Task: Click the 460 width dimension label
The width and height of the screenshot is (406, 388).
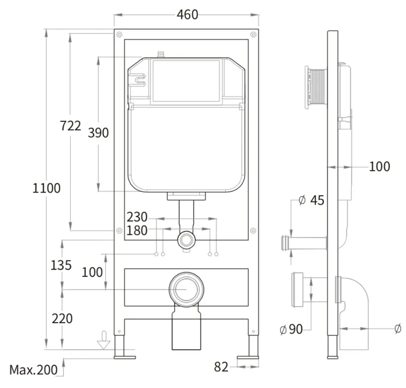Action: click(188, 15)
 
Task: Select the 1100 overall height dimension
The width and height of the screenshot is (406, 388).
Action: click(46, 188)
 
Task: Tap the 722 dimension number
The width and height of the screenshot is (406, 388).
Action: click(70, 125)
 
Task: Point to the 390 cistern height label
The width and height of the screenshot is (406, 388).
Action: click(98, 133)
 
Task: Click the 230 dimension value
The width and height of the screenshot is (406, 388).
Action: click(137, 217)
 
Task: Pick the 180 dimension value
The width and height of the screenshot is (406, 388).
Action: click(137, 230)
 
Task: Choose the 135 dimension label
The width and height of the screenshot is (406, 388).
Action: click(61, 265)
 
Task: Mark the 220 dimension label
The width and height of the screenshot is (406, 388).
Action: click(62, 318)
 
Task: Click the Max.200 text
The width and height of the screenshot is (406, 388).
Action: click(33, 370)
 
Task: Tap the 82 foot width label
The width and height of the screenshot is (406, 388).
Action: click(221, 367)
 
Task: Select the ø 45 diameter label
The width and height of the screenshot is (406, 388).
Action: click(311, 201)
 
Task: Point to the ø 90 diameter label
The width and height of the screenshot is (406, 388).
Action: click(291, 329)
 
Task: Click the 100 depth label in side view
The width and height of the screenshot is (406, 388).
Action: click(379, 167)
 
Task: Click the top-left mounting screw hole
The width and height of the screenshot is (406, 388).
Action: click(119, 34)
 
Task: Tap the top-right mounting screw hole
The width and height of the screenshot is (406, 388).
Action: click(254, 34)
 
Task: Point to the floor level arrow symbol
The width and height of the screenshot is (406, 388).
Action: click(104, 340)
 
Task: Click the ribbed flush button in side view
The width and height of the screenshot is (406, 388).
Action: click(316, 88)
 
